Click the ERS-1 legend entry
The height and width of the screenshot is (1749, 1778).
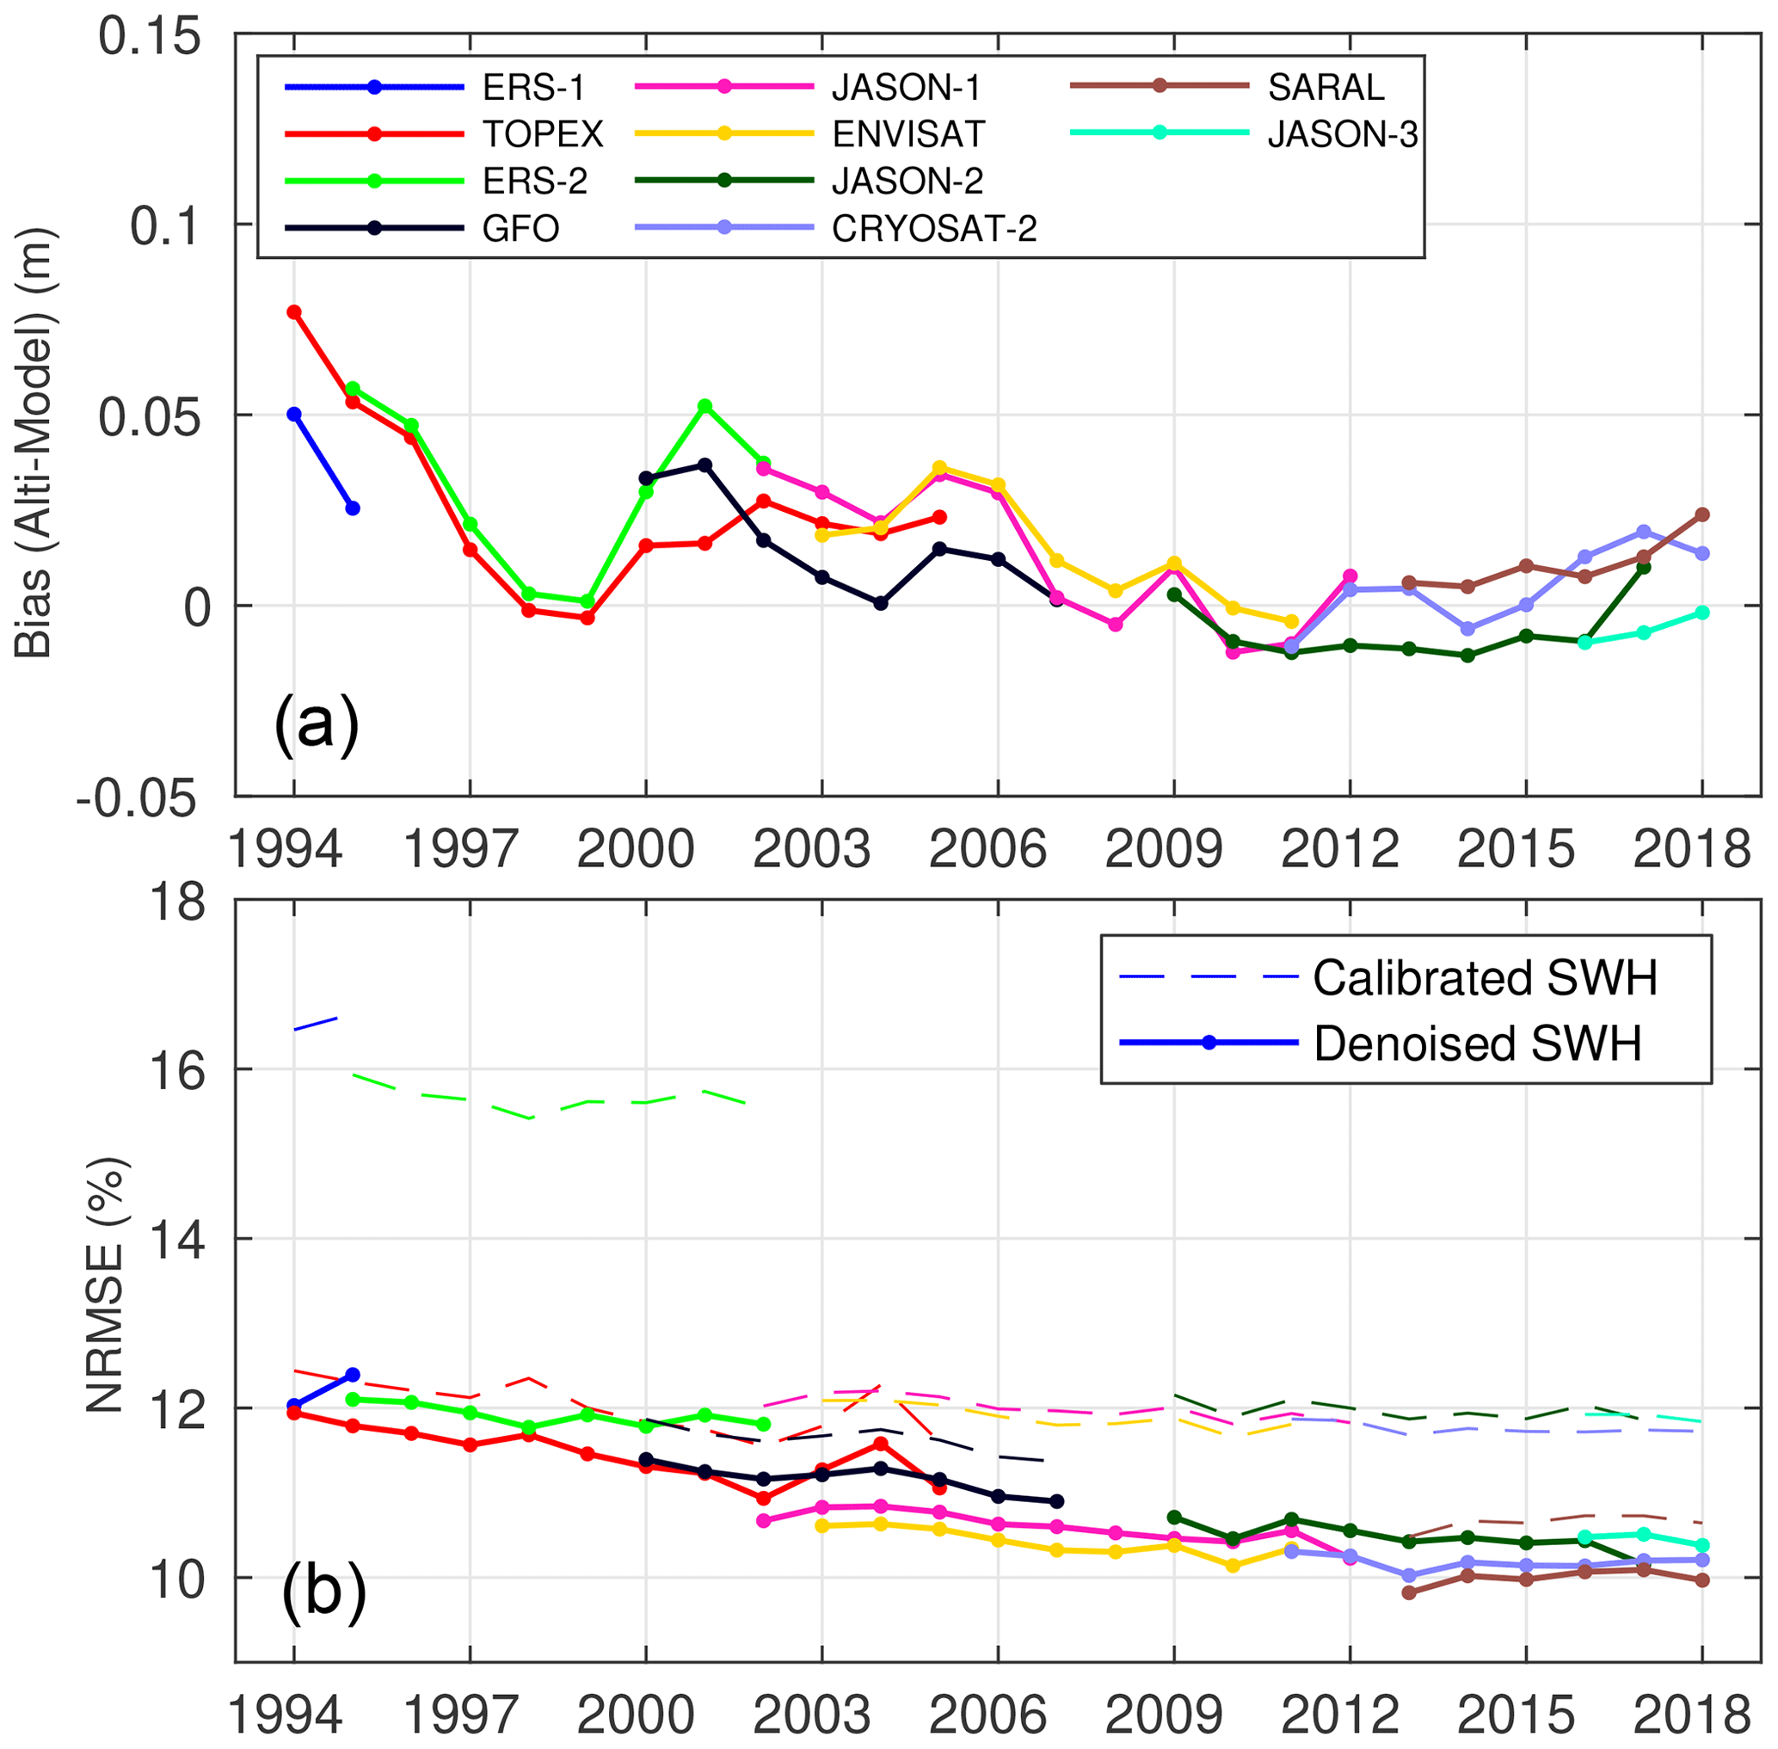click(532, 89)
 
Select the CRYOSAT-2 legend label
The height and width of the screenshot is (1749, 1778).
click(933, 228)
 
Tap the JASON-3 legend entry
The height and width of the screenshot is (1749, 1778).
click(1342, 134)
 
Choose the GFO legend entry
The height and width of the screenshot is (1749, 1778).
click(520, 228)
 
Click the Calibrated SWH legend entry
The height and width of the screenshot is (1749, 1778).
click(1484, 977)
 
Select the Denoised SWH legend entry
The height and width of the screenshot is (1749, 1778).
click(1477, 1044)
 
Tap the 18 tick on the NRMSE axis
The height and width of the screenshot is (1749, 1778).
click(177, 904)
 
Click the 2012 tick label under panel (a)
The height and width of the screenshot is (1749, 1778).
click(1339, 851)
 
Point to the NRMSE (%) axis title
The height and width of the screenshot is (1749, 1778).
click(105, 1286)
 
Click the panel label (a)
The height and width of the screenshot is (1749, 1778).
click(315, 724)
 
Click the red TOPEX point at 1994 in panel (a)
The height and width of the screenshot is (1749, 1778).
click(294, 312)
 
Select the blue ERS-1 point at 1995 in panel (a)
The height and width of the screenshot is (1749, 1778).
click(353, 508)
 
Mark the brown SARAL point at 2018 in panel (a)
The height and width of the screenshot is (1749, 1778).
click(1701, 514)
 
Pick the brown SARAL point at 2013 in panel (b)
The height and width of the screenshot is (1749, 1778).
click(1409, 1592)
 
